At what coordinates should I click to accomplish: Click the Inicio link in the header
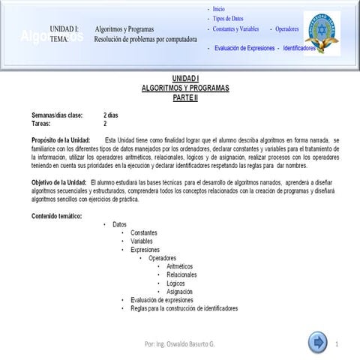click(219, 8)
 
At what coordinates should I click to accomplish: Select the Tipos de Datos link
click(228, 18)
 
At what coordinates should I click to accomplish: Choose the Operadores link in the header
click(286, 28)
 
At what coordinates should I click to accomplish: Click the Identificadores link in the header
click(298, 48)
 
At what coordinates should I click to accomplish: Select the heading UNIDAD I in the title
click(184, 78)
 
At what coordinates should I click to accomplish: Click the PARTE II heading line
click(184, 97)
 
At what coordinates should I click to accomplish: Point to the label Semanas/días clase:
click(57, 115)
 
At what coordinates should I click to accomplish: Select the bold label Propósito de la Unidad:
click(61, 140)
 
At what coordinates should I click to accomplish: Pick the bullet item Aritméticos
click(179, 266)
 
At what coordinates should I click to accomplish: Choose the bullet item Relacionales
click(181, 274)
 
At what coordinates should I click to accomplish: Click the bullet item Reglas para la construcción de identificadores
click(184, 308)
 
